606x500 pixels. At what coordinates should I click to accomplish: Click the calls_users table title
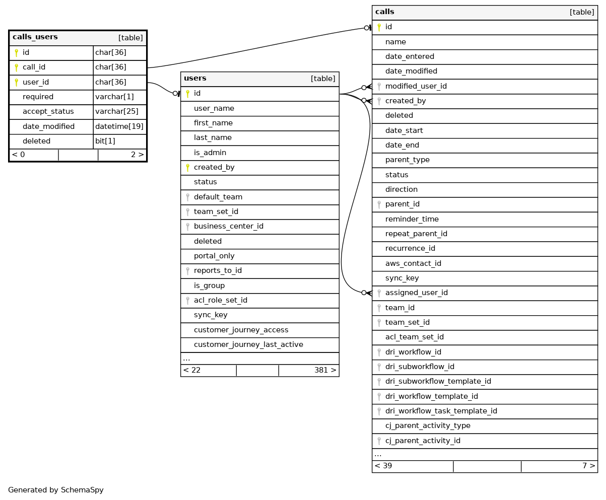click(x=35, y=37)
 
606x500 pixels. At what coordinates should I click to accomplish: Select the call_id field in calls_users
click(x=34, y=67)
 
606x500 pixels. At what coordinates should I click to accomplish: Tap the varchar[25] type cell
click(x=116, y=111)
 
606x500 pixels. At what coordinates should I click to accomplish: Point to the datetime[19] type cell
click(x=119, y=126)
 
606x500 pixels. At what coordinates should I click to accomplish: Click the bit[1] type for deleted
click(x=105, y=141)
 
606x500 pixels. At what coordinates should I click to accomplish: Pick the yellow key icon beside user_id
click(x=16, y=82)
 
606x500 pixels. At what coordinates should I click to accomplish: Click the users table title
click(x=195, y=79)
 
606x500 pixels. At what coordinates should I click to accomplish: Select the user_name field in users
click(x=214, y=108)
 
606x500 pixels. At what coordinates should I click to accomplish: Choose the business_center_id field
click(x=228, y=226)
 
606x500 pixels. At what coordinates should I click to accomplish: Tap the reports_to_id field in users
click(x=218, y=270)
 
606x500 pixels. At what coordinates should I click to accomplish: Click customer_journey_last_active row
click(x=248, y=344)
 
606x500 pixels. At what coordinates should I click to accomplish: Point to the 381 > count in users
click(x=325, y=370)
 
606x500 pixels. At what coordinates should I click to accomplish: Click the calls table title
click(x=384, y=12)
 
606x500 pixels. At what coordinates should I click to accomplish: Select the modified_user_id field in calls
click(x=416, y=86)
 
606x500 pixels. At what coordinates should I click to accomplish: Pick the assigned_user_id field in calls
click(x=416, y=293)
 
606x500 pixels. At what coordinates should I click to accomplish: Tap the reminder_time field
click(x=412, y=219)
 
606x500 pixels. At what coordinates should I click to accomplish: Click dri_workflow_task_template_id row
click(x=441, y=411)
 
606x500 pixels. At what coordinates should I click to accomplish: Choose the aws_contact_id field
click(x=413, y=263)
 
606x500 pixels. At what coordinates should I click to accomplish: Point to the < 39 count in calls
click(x=383, y=466)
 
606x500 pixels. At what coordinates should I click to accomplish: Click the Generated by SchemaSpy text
click(x=55, y=490)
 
